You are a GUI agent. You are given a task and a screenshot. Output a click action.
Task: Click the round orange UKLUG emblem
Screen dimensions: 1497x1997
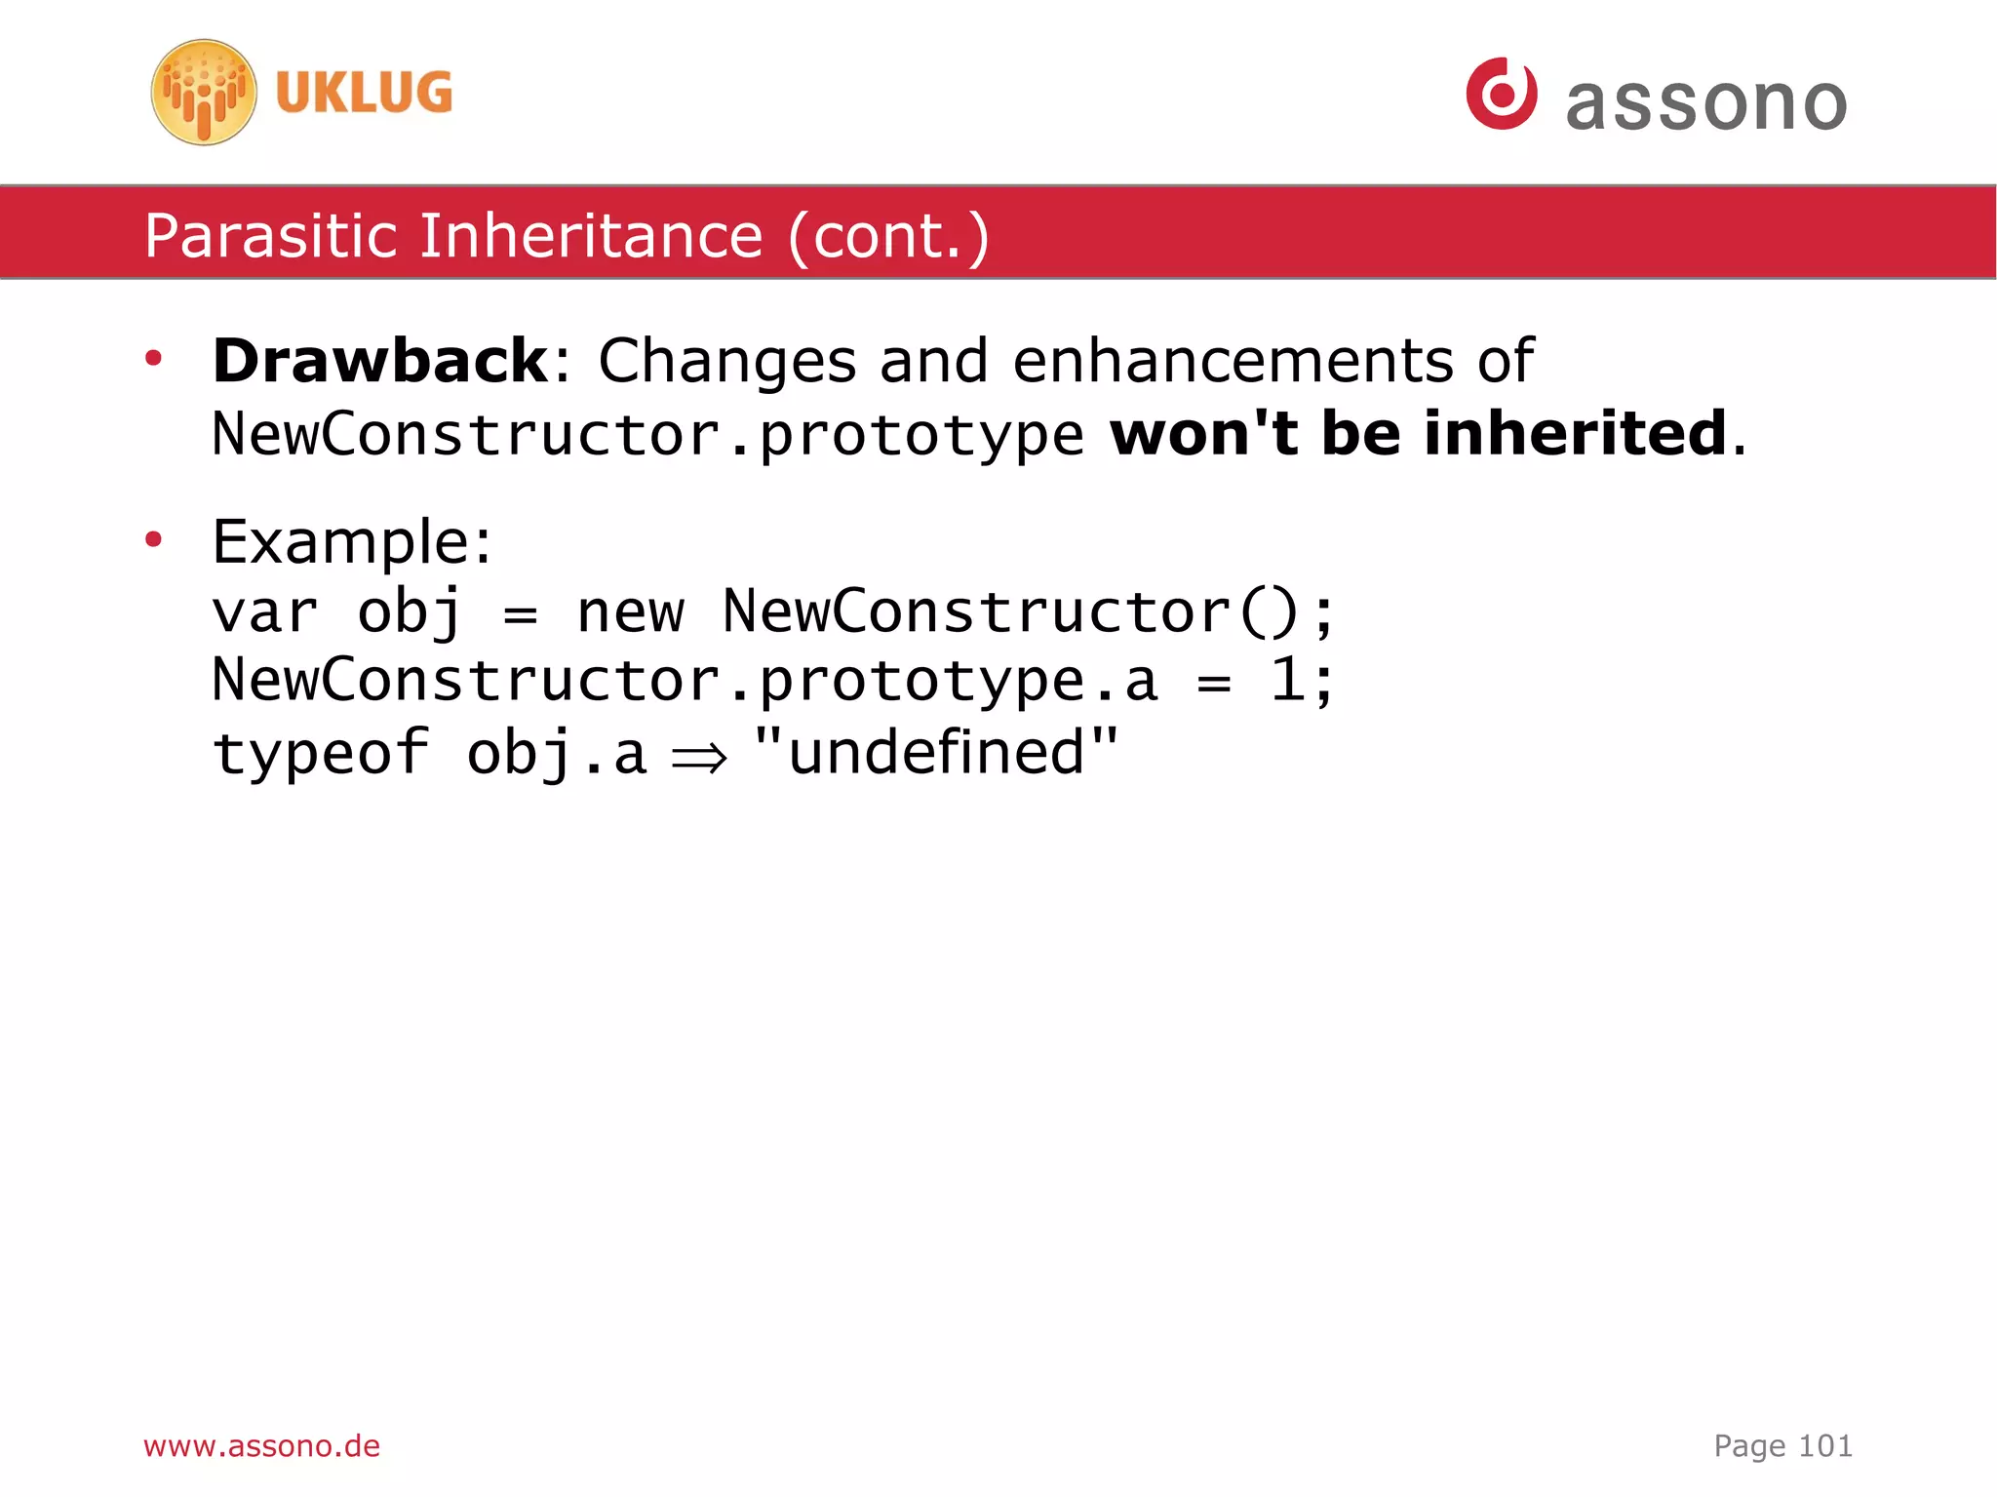(x=204, y=93)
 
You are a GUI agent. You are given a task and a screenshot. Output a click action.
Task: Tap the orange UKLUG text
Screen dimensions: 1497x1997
(x=364, y=93)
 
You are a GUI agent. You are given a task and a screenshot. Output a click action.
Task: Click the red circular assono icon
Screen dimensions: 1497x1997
(x=1502, y=94)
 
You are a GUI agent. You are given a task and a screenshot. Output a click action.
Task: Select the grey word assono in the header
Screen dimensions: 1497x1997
(x=1706, y=102)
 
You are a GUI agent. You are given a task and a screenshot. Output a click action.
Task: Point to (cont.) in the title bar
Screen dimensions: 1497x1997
(x=888, y=236)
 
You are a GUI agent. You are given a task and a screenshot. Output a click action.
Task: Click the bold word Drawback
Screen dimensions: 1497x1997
(x=380, y=361)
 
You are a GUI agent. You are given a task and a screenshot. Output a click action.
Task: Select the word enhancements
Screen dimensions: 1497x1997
(x=1233, y=361)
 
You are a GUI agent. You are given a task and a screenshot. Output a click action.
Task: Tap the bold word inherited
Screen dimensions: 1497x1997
(x=1575, y=433)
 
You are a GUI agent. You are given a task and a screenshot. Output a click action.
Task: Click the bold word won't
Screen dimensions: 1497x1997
(x=1204, y=433)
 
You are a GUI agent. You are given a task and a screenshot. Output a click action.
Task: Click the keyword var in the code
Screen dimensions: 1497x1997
(x=265, y=613)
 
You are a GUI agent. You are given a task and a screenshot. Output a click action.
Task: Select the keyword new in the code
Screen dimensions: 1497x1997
(x=630, y=613)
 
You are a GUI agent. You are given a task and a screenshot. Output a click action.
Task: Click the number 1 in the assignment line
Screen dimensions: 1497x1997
(x=1287, y=680)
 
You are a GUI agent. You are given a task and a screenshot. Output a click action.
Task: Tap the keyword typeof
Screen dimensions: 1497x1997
(x=321, y=754)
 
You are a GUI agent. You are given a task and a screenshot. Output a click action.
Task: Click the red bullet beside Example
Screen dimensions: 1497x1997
(x=153, y=539)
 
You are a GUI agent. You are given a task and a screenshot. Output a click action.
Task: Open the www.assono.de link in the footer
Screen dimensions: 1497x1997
(x=261, y=1445)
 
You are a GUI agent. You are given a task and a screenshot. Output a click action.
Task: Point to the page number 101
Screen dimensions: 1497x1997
(x=1824, y=1445)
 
